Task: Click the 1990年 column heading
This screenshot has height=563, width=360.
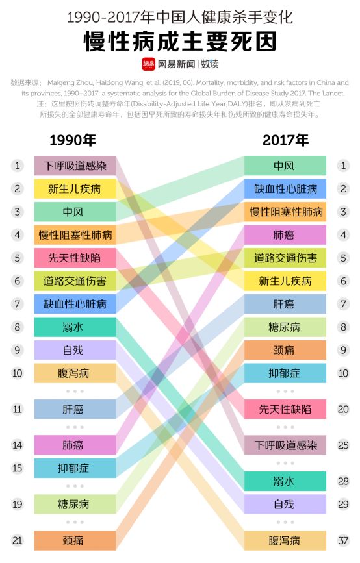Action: [73, 140]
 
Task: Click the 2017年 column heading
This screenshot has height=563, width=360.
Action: [285, 140]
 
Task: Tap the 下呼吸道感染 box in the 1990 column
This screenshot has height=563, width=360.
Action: [75, 166]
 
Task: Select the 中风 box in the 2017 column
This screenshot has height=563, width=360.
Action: [285, 166]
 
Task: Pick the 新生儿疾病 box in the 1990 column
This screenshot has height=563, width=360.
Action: [75, 189]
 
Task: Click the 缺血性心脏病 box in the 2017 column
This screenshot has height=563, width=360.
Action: [285, 189]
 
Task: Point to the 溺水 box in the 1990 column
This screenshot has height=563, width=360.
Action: [75, 327]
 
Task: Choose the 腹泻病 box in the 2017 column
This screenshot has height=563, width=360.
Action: [285, 540]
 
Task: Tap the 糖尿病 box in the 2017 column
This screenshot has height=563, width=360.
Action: [285, 327]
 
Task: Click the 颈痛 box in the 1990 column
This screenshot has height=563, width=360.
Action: [75, 540]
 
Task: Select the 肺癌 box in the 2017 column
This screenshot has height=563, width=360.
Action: [285, 235]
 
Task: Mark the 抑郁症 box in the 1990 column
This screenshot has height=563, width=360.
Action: [75, 468]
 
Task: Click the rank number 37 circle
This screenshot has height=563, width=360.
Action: [343, 540]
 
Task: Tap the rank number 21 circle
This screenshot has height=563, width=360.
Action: [18, 540]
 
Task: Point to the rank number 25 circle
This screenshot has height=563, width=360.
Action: [343, 445]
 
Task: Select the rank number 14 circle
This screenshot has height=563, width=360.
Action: [18, 445]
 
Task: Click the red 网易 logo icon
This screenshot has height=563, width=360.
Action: [148, 64]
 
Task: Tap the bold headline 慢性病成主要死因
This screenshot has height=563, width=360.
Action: [180, 40]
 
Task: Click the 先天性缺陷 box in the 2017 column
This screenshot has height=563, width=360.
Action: [285, 409]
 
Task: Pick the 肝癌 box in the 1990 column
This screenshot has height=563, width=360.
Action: [75, 409]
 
